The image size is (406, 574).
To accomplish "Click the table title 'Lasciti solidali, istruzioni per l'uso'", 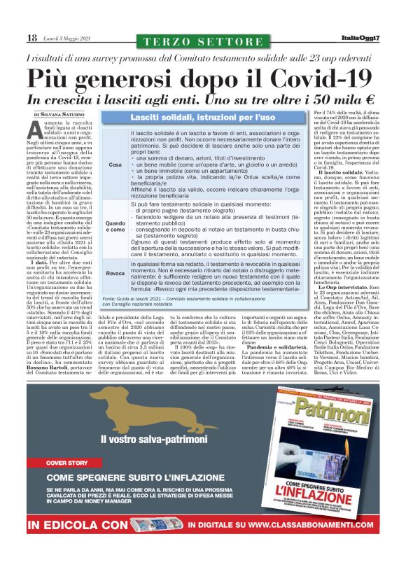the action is [203, 117].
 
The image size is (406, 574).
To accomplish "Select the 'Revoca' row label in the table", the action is [115, 274].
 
